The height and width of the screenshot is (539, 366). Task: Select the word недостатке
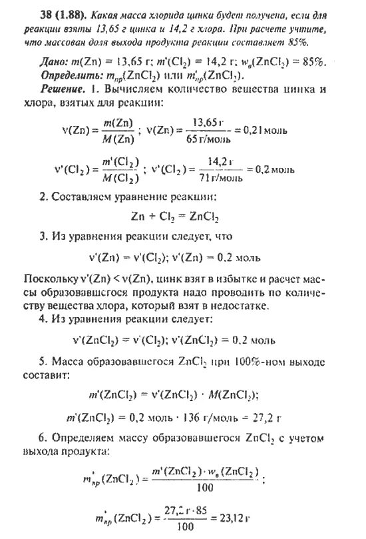pos(246,305)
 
